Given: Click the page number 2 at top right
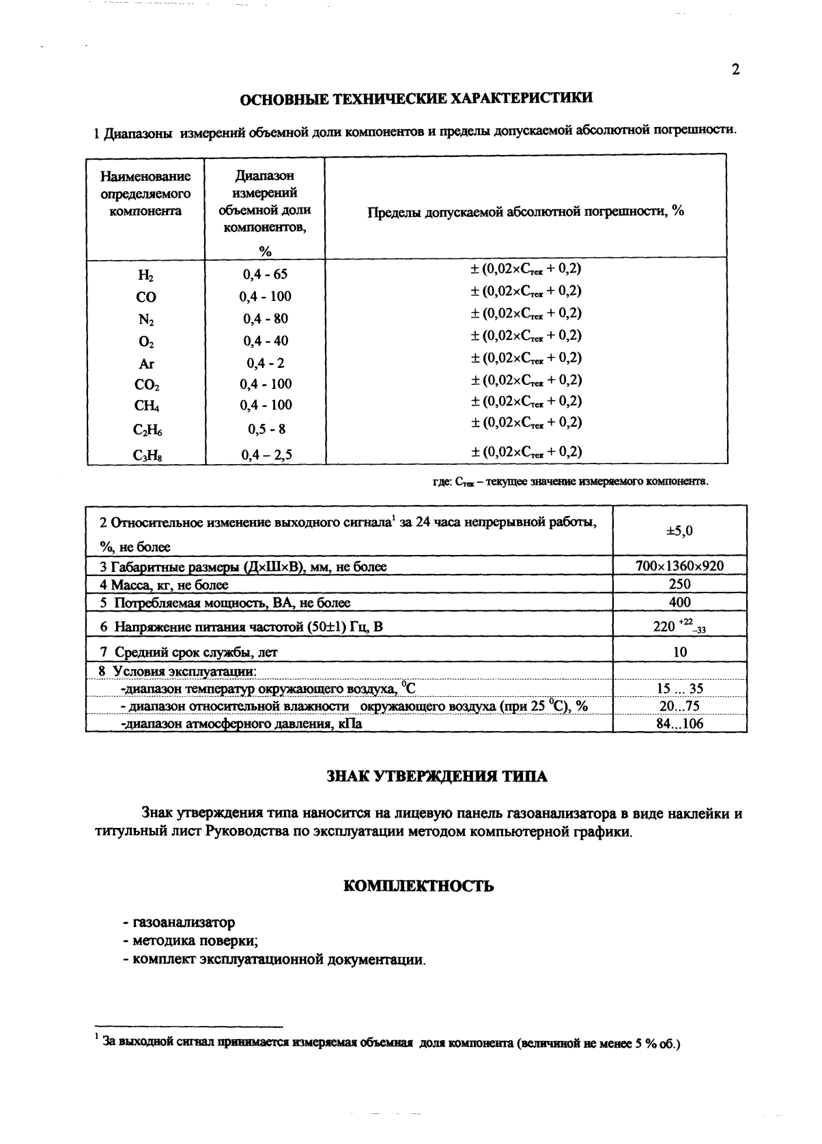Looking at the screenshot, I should point(735,70).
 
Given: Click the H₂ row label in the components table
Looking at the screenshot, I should point(146,276).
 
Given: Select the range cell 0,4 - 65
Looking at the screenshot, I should point(265,274).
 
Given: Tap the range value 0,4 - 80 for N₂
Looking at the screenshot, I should point(265,319).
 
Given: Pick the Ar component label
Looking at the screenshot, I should point(146,364).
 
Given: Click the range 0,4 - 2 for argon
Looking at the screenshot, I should point(265,363).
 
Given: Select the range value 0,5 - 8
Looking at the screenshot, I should point(265,429).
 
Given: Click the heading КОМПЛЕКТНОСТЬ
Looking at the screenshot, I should point(418,886).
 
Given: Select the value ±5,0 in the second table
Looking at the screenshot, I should point(679,530).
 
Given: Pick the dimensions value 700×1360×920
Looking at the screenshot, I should point(679,566).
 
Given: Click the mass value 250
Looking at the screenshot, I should point(679,584).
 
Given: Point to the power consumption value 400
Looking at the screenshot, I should point(679,602).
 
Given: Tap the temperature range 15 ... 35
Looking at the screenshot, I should point(679,689).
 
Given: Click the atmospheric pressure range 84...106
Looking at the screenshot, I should point(679,724).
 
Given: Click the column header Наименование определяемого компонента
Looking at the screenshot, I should point(145,194).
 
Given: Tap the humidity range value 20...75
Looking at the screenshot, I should point(679,706).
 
